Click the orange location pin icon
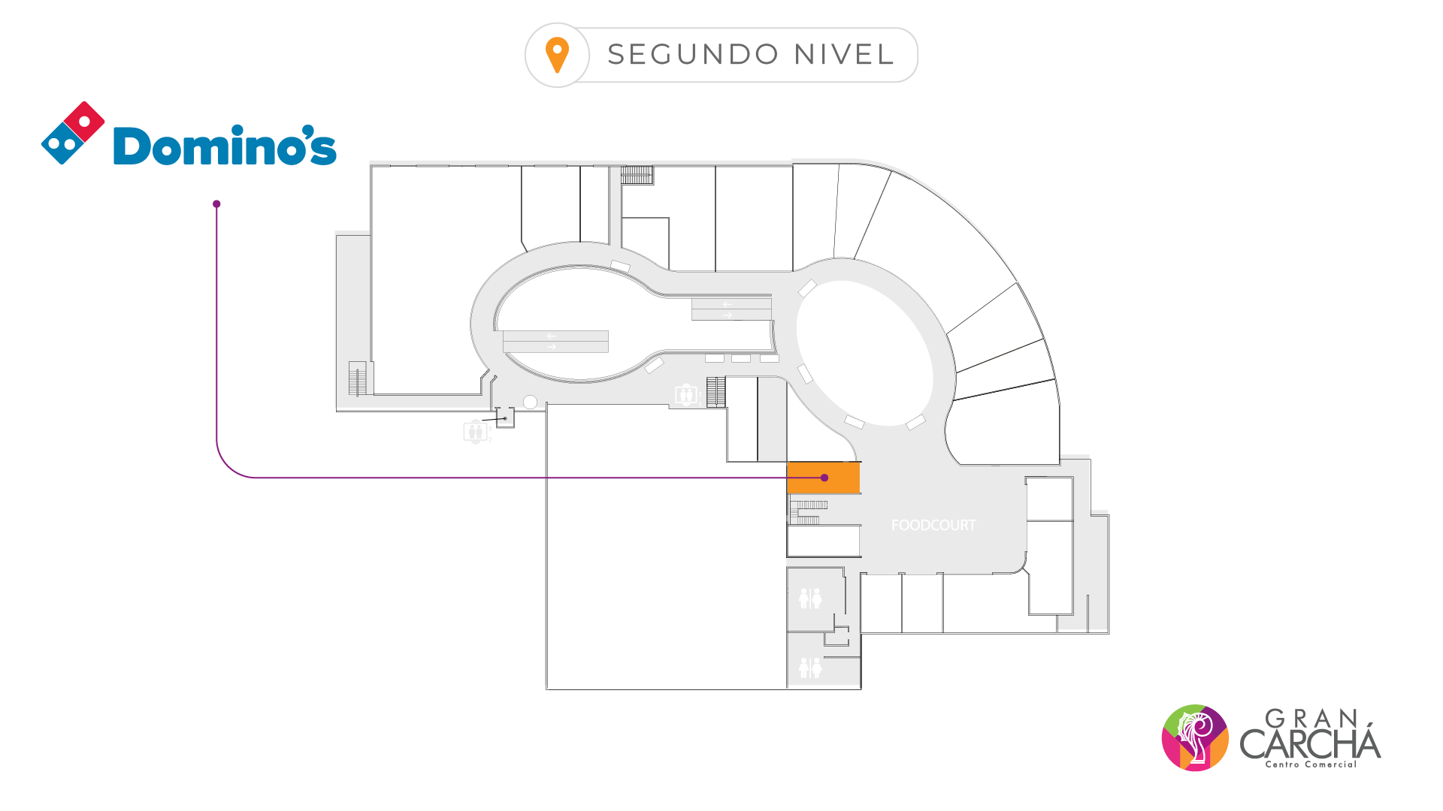557,55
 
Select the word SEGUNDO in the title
692,55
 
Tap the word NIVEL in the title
844,55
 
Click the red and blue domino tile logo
73,133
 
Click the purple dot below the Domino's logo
216,204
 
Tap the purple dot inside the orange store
824,478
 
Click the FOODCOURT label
933,526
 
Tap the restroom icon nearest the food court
810,598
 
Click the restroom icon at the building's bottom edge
810,667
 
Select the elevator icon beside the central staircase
686,394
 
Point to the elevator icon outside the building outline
475,432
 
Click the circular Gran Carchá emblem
1195,737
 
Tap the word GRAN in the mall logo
1311,719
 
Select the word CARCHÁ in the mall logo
1310,743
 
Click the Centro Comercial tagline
1311,764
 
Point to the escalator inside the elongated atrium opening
555,342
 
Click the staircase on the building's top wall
637,175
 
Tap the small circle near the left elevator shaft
530,402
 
